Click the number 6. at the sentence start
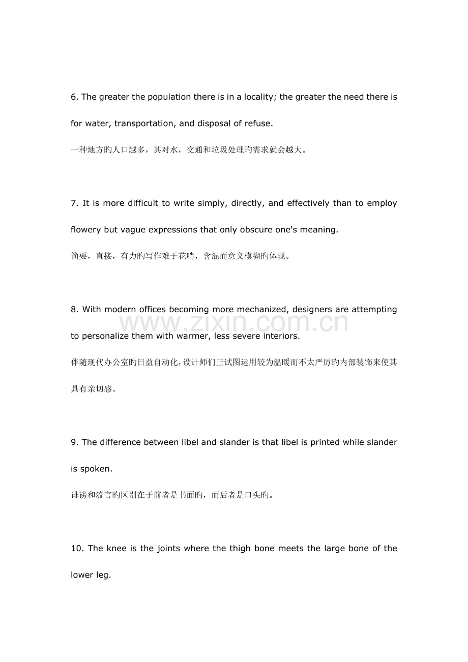point(75,97)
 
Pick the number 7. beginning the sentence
point(75,203)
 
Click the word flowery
point(86,229)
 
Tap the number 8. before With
point(75,309)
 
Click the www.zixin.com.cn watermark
point(233,323)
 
